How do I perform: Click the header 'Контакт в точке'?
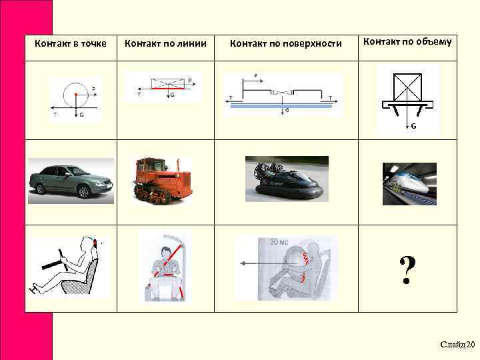70,44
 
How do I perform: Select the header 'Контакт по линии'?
166,44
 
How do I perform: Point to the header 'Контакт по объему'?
407,42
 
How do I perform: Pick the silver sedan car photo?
71,181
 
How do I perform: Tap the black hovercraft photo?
285,178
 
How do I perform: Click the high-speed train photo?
409,184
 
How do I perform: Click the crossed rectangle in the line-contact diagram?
168,83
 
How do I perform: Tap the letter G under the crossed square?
413,126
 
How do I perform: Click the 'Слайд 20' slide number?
457,344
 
